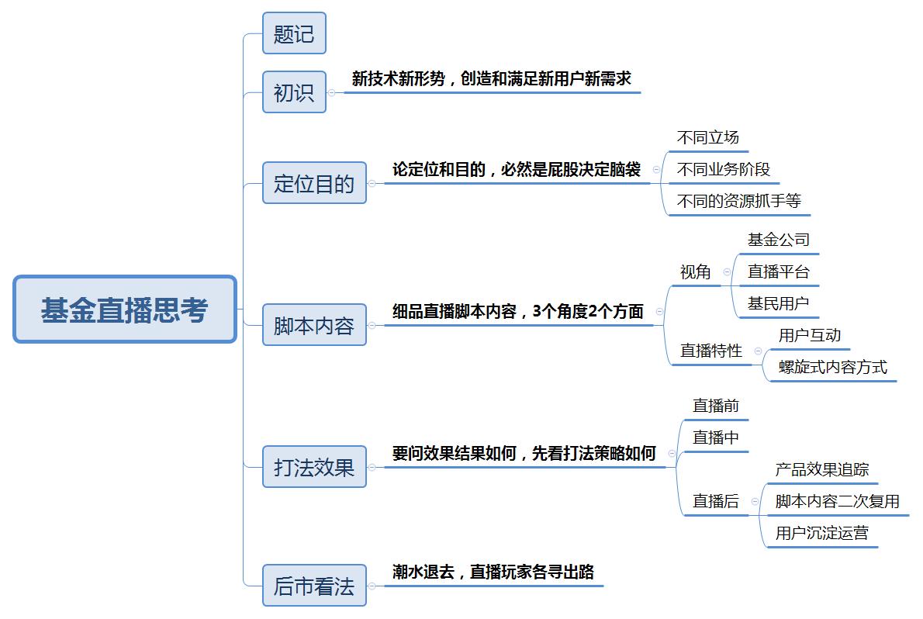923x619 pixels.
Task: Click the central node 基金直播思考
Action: pos(125,309)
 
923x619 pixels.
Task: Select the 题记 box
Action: pos(294,33)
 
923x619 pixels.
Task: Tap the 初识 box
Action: pos(294,92)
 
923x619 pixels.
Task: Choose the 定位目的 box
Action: pos(314,183)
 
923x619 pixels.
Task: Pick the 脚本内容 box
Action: pos(314,325)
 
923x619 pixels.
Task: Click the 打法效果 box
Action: pos(314,467)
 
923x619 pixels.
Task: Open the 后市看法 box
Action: pos(314,586)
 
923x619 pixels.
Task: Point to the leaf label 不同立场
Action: pos(707,138)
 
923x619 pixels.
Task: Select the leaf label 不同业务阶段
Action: pos(724,170)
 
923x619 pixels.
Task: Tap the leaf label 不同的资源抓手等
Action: pos(738,202)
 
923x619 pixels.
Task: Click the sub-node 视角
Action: pos(695,272)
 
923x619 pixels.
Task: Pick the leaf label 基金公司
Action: pos(778,240)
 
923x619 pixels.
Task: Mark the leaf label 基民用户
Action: pos(778,304)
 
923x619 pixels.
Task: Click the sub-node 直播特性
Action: pos(711,351)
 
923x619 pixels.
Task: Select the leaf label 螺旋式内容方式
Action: pos(832,368)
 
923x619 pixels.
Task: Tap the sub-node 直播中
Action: pos(715,437)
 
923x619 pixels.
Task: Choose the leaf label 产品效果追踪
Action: pos(821,470)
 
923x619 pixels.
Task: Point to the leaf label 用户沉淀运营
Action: pos(821,534)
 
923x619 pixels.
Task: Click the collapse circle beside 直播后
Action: pos(755,502)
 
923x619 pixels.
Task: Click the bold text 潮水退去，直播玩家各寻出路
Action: pos(493,572)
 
